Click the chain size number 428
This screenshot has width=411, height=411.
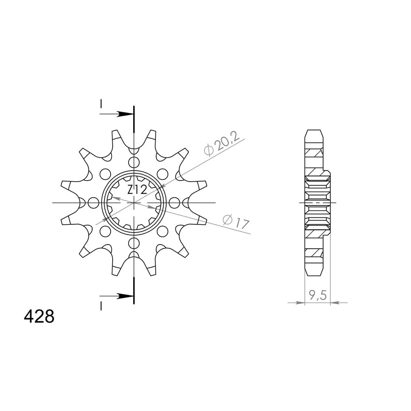39,316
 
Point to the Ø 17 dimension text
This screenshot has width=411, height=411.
236,222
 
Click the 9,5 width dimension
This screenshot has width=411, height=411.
317,296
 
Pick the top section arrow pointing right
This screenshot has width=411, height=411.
117,114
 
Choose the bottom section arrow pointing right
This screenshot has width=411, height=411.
117,296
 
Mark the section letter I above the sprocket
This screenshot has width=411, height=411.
101,104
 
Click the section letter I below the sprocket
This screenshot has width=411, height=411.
101,306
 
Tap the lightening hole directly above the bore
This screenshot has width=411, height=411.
134,162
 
